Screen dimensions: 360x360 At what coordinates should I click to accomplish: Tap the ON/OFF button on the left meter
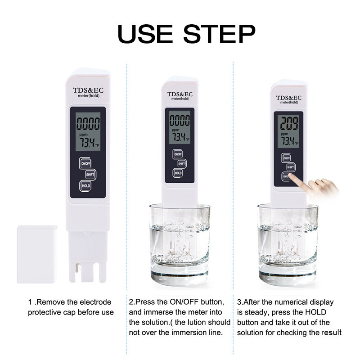click(85, 163)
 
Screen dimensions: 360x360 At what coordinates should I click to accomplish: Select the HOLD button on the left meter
click(85, 186)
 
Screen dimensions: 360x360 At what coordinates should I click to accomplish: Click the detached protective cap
click(37, 254)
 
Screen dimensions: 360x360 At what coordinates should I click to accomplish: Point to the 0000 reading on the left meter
click(88, 123)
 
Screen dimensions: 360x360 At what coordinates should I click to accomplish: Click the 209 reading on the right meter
click(289, 123)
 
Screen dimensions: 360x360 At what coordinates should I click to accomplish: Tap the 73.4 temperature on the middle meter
click(179, 137)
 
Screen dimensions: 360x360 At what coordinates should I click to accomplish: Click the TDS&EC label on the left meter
click(88, 90)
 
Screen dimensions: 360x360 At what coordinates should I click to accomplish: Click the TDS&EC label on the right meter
click(288, 98)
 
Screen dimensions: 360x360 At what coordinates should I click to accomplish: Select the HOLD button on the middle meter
click(178, 173)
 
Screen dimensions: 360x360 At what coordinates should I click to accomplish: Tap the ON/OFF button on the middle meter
click(178, 154)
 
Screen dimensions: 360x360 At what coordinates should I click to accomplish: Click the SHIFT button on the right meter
click(290, 167)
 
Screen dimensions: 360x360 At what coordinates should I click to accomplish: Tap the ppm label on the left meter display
click(83, 135)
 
